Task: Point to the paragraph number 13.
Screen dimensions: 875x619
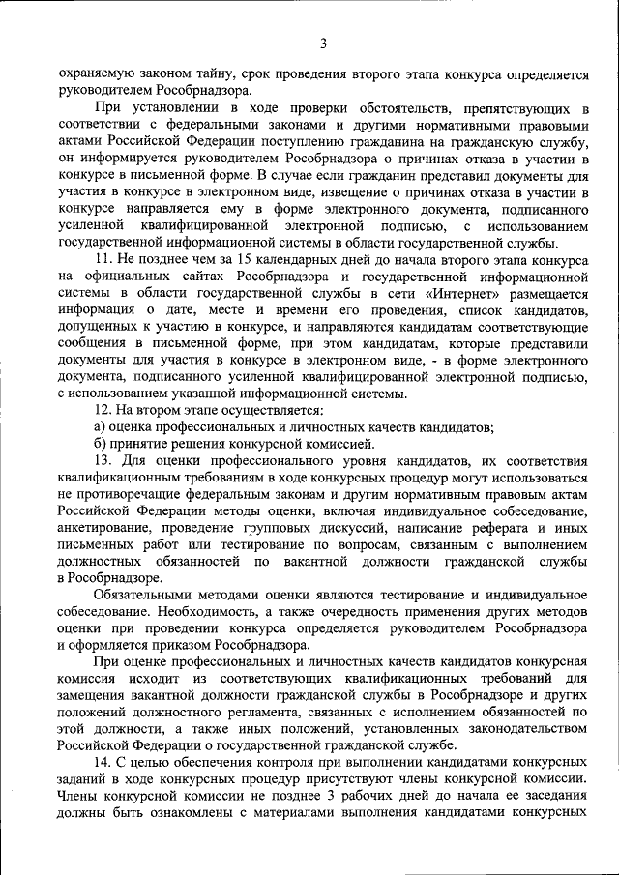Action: pyautogui.click(x=104, y=460)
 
